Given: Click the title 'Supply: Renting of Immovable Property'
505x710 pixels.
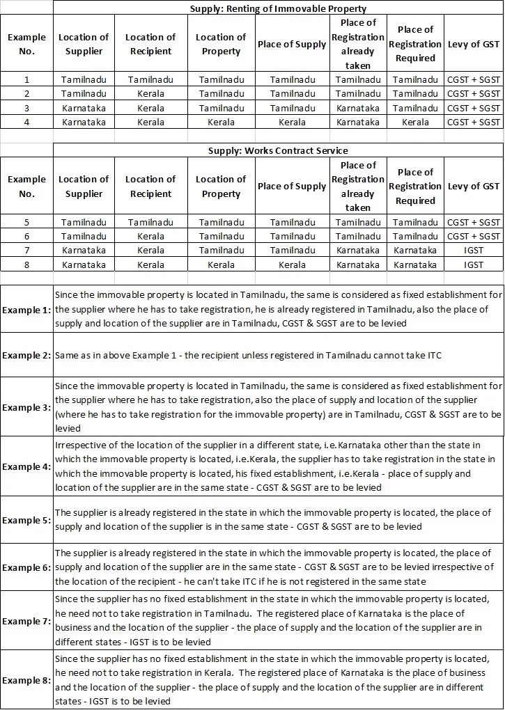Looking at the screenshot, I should pos(278,8).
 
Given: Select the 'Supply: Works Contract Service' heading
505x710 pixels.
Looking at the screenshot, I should pos(278,150).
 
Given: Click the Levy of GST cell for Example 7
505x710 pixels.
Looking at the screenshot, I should pos(474,250).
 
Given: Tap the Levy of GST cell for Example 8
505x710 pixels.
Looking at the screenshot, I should pos(474,265).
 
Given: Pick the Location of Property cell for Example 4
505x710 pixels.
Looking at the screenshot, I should pos(221,122).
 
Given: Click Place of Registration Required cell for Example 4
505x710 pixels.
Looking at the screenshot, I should pos(415,122).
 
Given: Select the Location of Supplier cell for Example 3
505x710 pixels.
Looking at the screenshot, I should pos(84,108).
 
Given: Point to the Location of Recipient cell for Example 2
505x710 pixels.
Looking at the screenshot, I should pos(150,93).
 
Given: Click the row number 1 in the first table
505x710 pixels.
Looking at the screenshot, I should pos(26,80).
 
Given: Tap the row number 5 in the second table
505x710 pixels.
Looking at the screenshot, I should pos(26,222).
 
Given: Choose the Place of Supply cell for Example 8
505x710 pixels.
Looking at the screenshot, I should pos(292,265).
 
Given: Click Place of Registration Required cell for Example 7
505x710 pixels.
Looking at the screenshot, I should pos(415,250).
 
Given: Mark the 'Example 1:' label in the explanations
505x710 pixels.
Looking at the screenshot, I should pos(26,309).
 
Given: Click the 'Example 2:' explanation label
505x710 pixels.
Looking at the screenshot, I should pos(26,355).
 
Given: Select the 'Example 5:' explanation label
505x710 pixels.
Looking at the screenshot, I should pos(26,520).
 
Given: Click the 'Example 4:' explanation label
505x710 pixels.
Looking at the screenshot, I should pos(26,466).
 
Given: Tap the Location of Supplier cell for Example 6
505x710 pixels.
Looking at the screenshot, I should pos(84,236).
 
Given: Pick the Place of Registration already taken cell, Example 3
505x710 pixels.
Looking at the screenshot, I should pos(358,108).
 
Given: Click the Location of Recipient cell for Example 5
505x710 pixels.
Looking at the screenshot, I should pos(150,222).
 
